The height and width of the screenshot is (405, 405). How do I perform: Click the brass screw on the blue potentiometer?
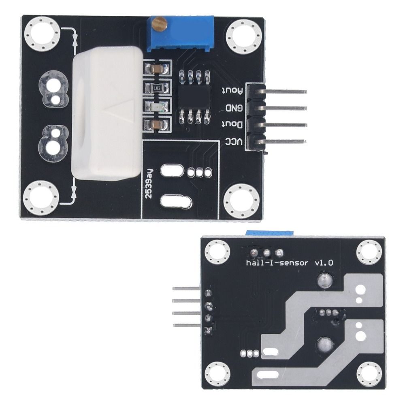click(160, 25)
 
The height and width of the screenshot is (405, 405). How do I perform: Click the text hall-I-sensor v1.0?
click(290, 262)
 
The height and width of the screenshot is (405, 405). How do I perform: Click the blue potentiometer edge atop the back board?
click(269, 232)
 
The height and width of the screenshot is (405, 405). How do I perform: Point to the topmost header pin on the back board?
click(186, 288)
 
